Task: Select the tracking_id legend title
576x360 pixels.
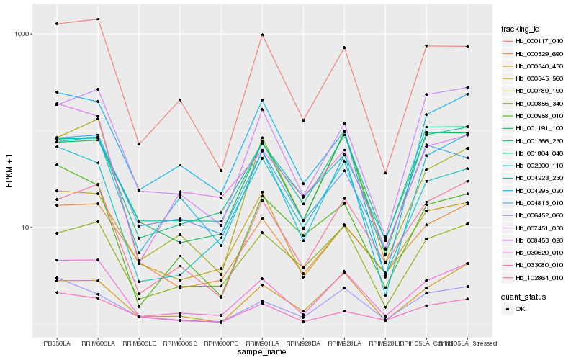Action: [x=526, y=29]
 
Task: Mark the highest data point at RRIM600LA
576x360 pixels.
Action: [x=97, y=19]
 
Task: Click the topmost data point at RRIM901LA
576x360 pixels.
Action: [x=262, y=35]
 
